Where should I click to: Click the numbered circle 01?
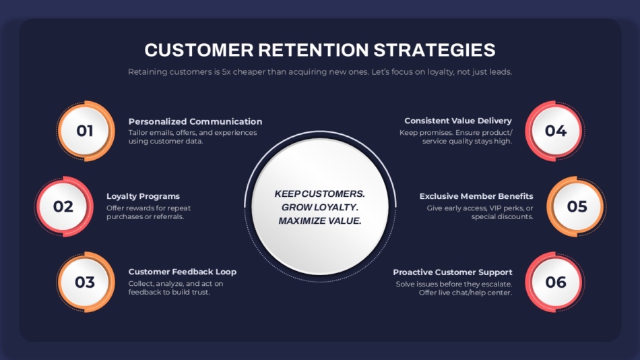click(x=86, y=131)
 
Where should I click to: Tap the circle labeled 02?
click(x=64, y=206)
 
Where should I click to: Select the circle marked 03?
click(x=86, y=282)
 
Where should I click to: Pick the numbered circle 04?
click(x=555, y=131)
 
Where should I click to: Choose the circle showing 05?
click(x=577, y=206)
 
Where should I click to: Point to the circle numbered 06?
click(x=555, y=282)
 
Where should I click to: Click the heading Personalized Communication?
click(x=195, y=121)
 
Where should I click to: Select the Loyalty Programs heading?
click(x=143, y=196)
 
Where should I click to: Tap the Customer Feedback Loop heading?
click(x=182, y=272)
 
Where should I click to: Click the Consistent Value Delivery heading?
click(x=458, y=121)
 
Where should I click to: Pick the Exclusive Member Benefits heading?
click(x=476, y=196)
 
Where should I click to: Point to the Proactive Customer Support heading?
click(x=452, y=272)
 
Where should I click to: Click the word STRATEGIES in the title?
click(x=435, y=50)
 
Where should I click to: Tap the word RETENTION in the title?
click(x=313, y=50)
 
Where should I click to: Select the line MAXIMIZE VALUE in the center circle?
click(x=320, y=221)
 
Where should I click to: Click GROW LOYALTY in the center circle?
click(x=320, y=207)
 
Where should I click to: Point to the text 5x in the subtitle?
click(x=226, y=72)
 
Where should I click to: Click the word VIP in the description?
click(x=497, y=208)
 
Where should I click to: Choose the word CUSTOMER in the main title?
click(x=199, y=50)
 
